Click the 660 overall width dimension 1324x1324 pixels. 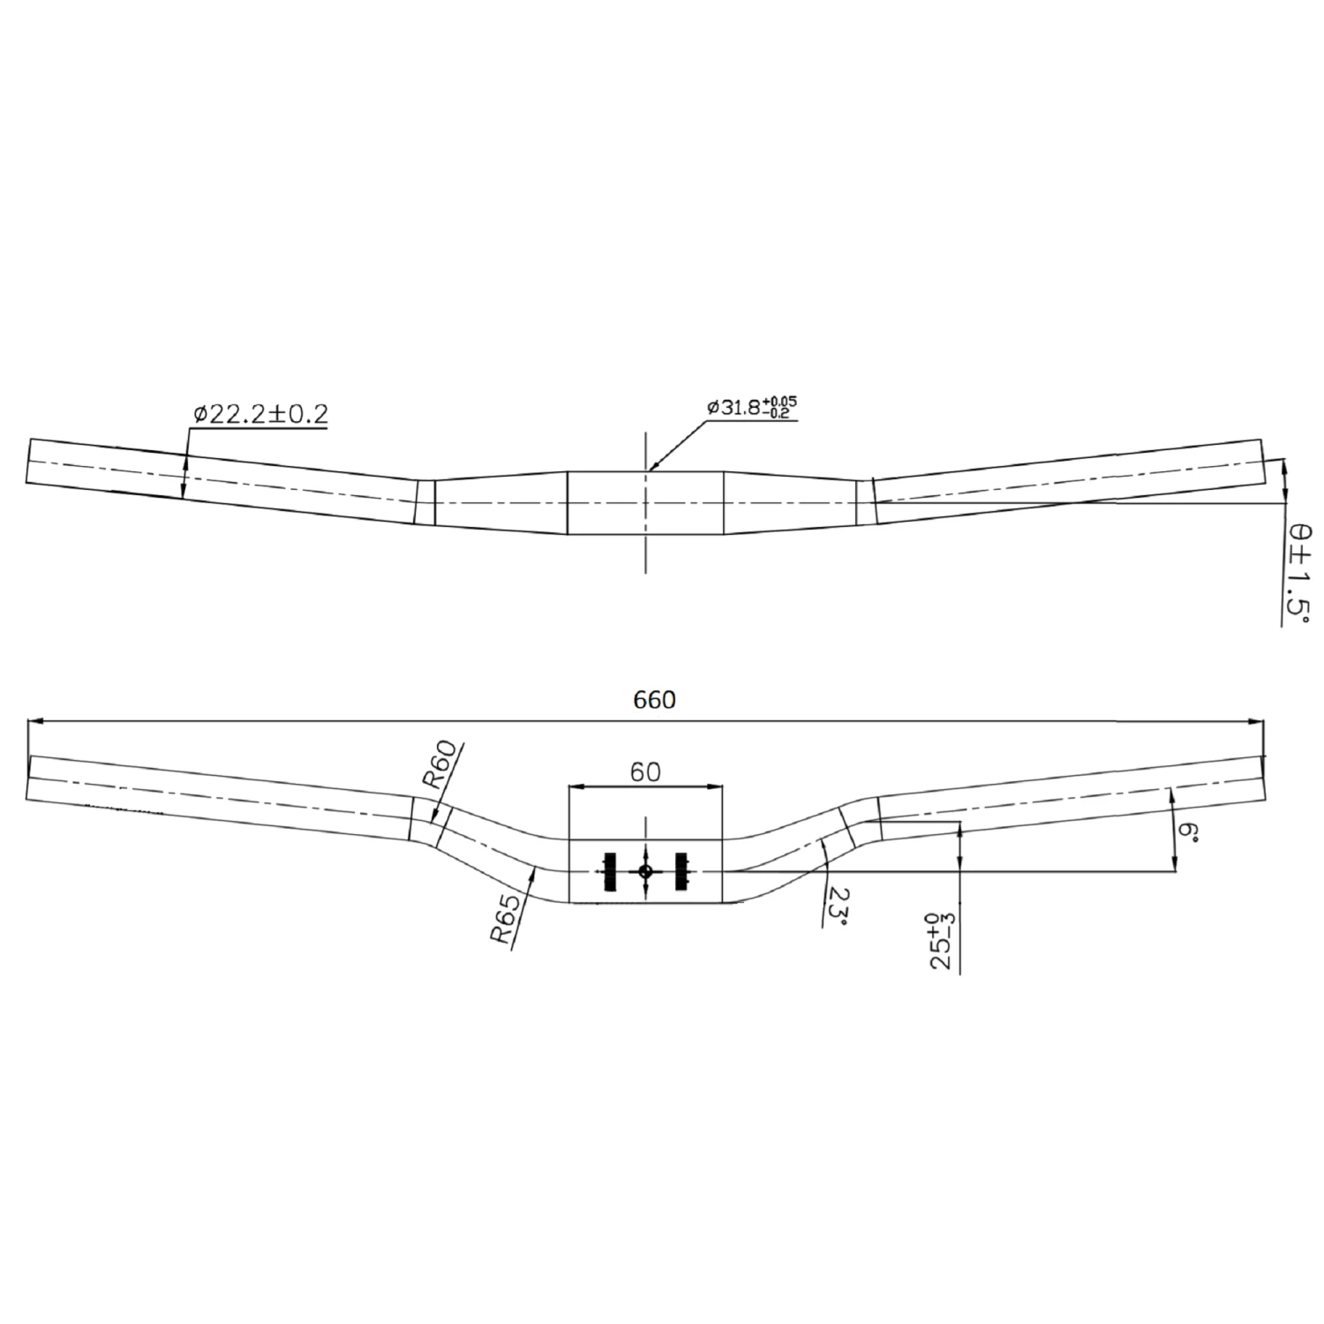[654, 700]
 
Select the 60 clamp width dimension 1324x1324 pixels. [645, 771]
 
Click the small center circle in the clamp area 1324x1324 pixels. [645, 871]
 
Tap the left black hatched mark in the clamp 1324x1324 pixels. [608, 871]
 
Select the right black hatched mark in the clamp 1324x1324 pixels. [681, 871]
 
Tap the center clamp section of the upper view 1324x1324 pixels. [645, 502]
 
